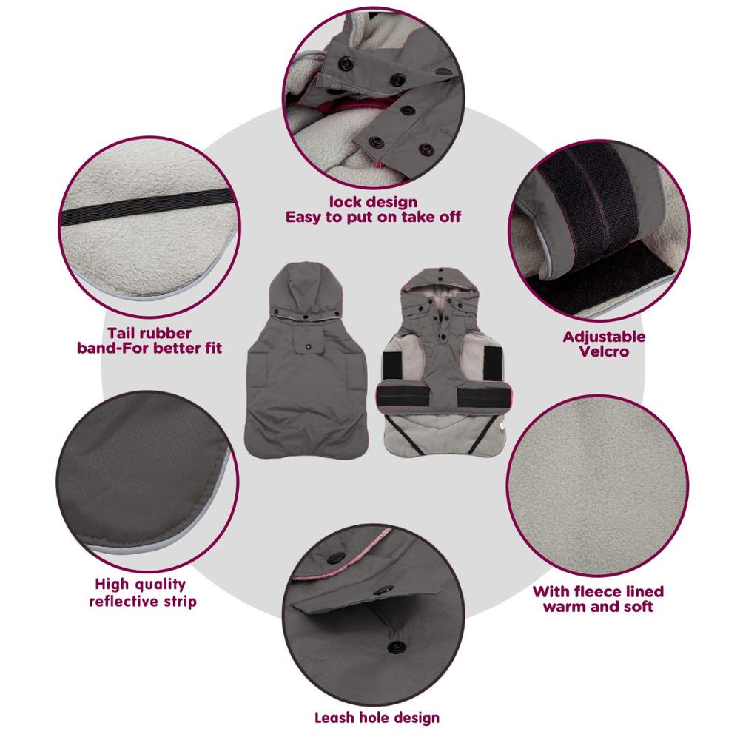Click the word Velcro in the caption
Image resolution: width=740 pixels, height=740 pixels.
(604, 351)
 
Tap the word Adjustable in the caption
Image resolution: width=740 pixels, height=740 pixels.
(604, 337)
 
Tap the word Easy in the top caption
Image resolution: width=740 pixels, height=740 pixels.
(304, 217)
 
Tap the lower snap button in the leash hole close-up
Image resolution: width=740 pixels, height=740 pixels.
(393, 647)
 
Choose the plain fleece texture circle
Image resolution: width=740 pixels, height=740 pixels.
(597, 486)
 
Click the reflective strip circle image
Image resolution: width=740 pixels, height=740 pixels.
(147, 482)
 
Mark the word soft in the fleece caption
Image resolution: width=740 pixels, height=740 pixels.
(639, 607)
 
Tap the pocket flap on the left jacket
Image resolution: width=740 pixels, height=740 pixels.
(309, 341)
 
